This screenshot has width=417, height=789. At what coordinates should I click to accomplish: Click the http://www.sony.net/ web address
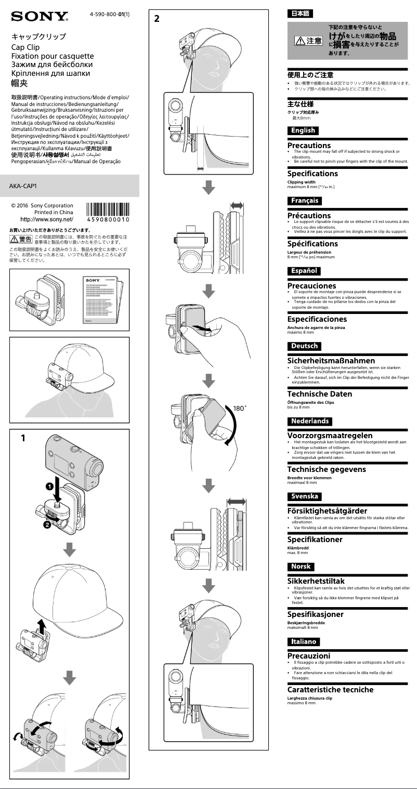(x=47, y=220)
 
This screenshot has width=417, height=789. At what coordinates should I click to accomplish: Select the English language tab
(x=303, y=130)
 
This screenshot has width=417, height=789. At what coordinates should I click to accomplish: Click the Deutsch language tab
(x=304, y=346)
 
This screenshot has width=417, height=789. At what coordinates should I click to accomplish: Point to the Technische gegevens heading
(x=327, y=469)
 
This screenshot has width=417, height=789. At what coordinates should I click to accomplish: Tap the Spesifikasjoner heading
(x=323, y=614)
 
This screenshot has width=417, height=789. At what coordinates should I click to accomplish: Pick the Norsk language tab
(x=301, y=566)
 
